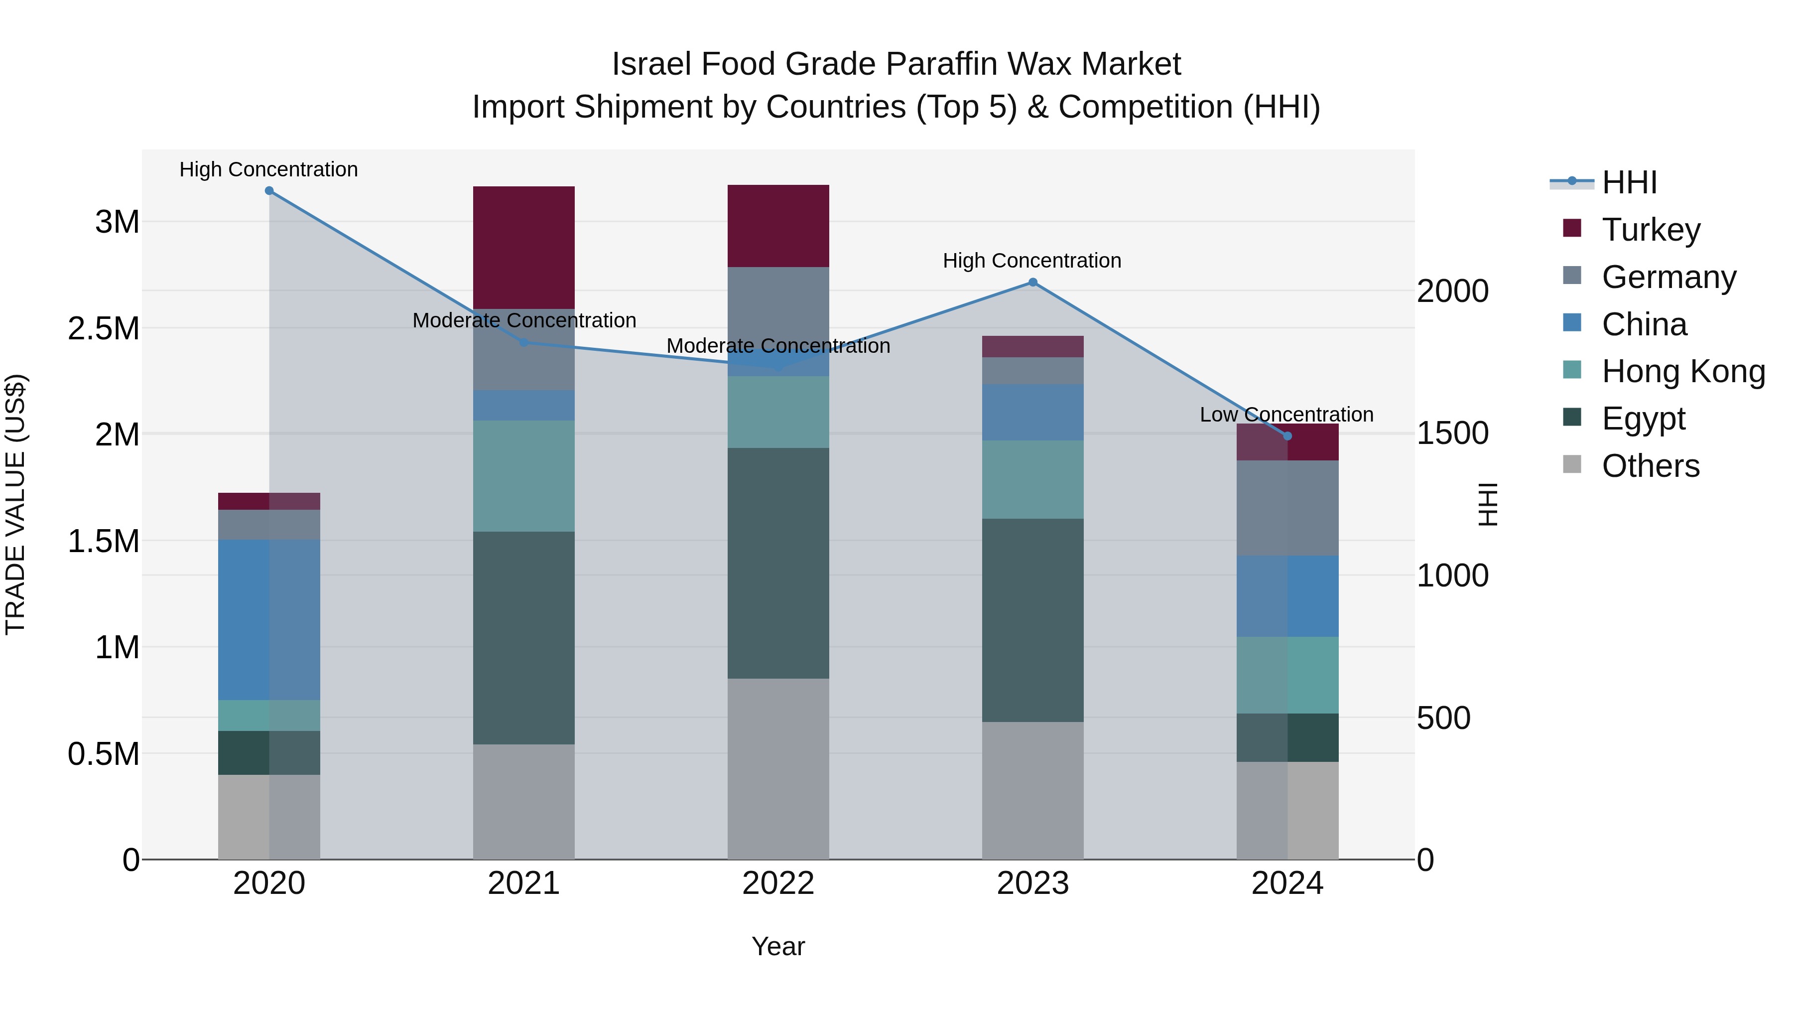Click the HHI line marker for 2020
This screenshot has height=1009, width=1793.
click(x=269, y=191)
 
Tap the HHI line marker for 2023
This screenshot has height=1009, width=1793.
click(x=1033, y=283)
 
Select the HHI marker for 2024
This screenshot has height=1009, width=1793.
click(x=1287, y=436)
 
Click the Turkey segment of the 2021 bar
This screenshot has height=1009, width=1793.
click(x=523, y=247)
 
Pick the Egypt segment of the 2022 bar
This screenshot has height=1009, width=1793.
click(x=778, y=563)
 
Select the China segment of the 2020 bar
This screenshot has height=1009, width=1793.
click(x=269, y=620)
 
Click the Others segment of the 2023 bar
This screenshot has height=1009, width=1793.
click(x=1033, y=790)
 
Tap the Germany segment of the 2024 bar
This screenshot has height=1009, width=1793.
click(x=1287, y=508)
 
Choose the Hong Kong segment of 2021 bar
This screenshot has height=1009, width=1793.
click(x=523, y=476)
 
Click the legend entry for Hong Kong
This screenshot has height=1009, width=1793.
click(x=1683, y=372)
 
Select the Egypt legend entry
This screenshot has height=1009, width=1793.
click(x=1643, y=419)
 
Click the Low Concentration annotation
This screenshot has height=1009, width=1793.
click(x=1286, y=415)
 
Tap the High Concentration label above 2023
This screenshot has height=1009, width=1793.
click(x=1031, y=261)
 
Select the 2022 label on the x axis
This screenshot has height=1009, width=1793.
click(x=778, y=883)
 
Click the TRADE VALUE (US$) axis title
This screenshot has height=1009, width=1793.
click(x=15, y=504)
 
